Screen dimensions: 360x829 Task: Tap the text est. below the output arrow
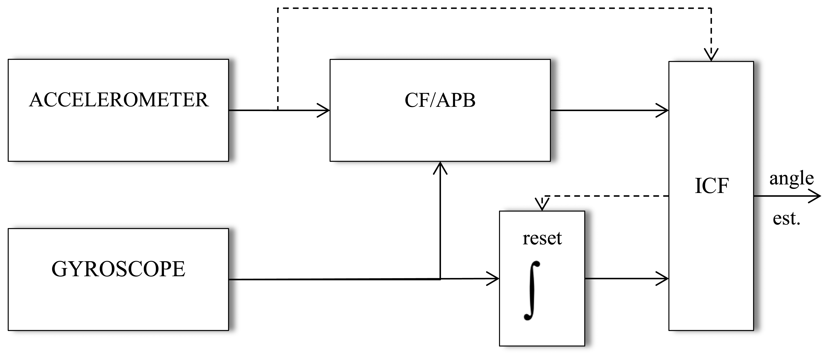click(x=786, y=219)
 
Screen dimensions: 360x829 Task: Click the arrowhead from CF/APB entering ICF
click(x=664, y=110)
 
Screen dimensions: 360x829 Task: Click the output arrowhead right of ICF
click(x=817, y=196)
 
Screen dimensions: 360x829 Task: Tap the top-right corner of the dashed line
click(x=711, y=8)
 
